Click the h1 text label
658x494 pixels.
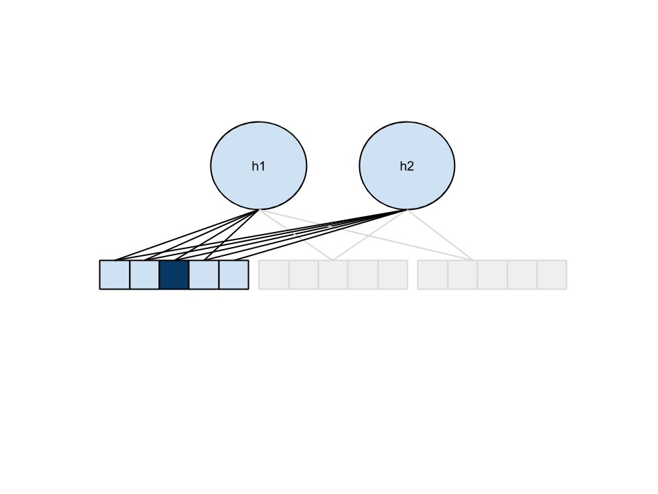pyautogui.click(x=258, y=166)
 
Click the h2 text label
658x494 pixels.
pyautogui.click(x=407, y=166)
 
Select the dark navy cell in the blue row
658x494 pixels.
pyautogui.click(x=174, y=274)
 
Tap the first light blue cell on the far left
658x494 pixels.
pyautogui.click(x=115, y=274)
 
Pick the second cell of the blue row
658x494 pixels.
pyautogui.click(x=145, y=274)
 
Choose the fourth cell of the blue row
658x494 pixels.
pyautogui.click(x=204, y=274)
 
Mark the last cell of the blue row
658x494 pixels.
pyautogui.click(x=234, y=274)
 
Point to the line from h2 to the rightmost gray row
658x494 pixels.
pyautogui.click(x=439, y=234)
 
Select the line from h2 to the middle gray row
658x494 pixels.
pyautogui.click(x=370, y=234)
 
